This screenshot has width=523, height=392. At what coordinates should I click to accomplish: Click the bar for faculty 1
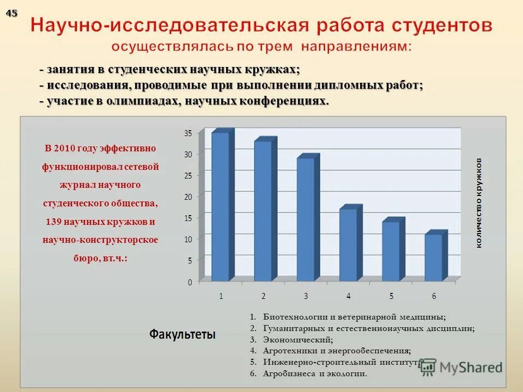tap(221, 207)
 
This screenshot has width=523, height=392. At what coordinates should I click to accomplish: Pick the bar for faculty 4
tap(348, 245)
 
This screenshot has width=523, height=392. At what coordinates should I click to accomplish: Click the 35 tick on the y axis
tap(188, 133)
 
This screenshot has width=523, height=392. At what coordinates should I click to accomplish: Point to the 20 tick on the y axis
tap(188, 196)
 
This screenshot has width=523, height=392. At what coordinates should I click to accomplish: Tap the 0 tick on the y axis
tap(190, 282)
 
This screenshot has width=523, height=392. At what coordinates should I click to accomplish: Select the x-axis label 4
tap(349, 296)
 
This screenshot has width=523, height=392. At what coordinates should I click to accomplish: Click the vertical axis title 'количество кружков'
tap(479, 203)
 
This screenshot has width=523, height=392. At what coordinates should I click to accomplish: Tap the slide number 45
tap(11, 14)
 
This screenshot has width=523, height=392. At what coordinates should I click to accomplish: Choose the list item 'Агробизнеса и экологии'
tap(315, 373)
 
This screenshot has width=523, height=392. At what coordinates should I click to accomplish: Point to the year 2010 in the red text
tap(65, 148)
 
